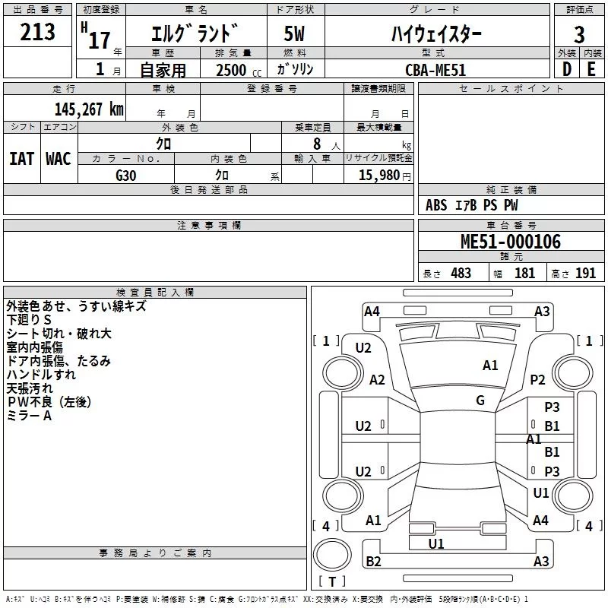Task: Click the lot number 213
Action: [x=38, y=32]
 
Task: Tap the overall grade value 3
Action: [x=579, y=35]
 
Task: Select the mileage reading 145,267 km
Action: [x=89, y=109]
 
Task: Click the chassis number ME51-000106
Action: [x=511, y=242]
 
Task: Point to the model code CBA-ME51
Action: [x=435, y=70]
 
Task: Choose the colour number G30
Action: [x=126, y=175]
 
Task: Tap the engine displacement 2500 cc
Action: [x=232, y=70]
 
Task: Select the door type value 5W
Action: [x=296, y=35]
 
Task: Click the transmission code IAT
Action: [x=22, y=158]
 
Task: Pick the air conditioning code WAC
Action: [x=59, y=158]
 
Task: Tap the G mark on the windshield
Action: [x=480, y=401]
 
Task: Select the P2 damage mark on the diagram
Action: [x=538, y=380]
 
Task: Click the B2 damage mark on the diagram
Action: [x=373, y=561]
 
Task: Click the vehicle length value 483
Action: [x=461, y=274]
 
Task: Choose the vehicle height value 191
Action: [x=585, y=274]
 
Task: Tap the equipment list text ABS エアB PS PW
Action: [x=471, y=205]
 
